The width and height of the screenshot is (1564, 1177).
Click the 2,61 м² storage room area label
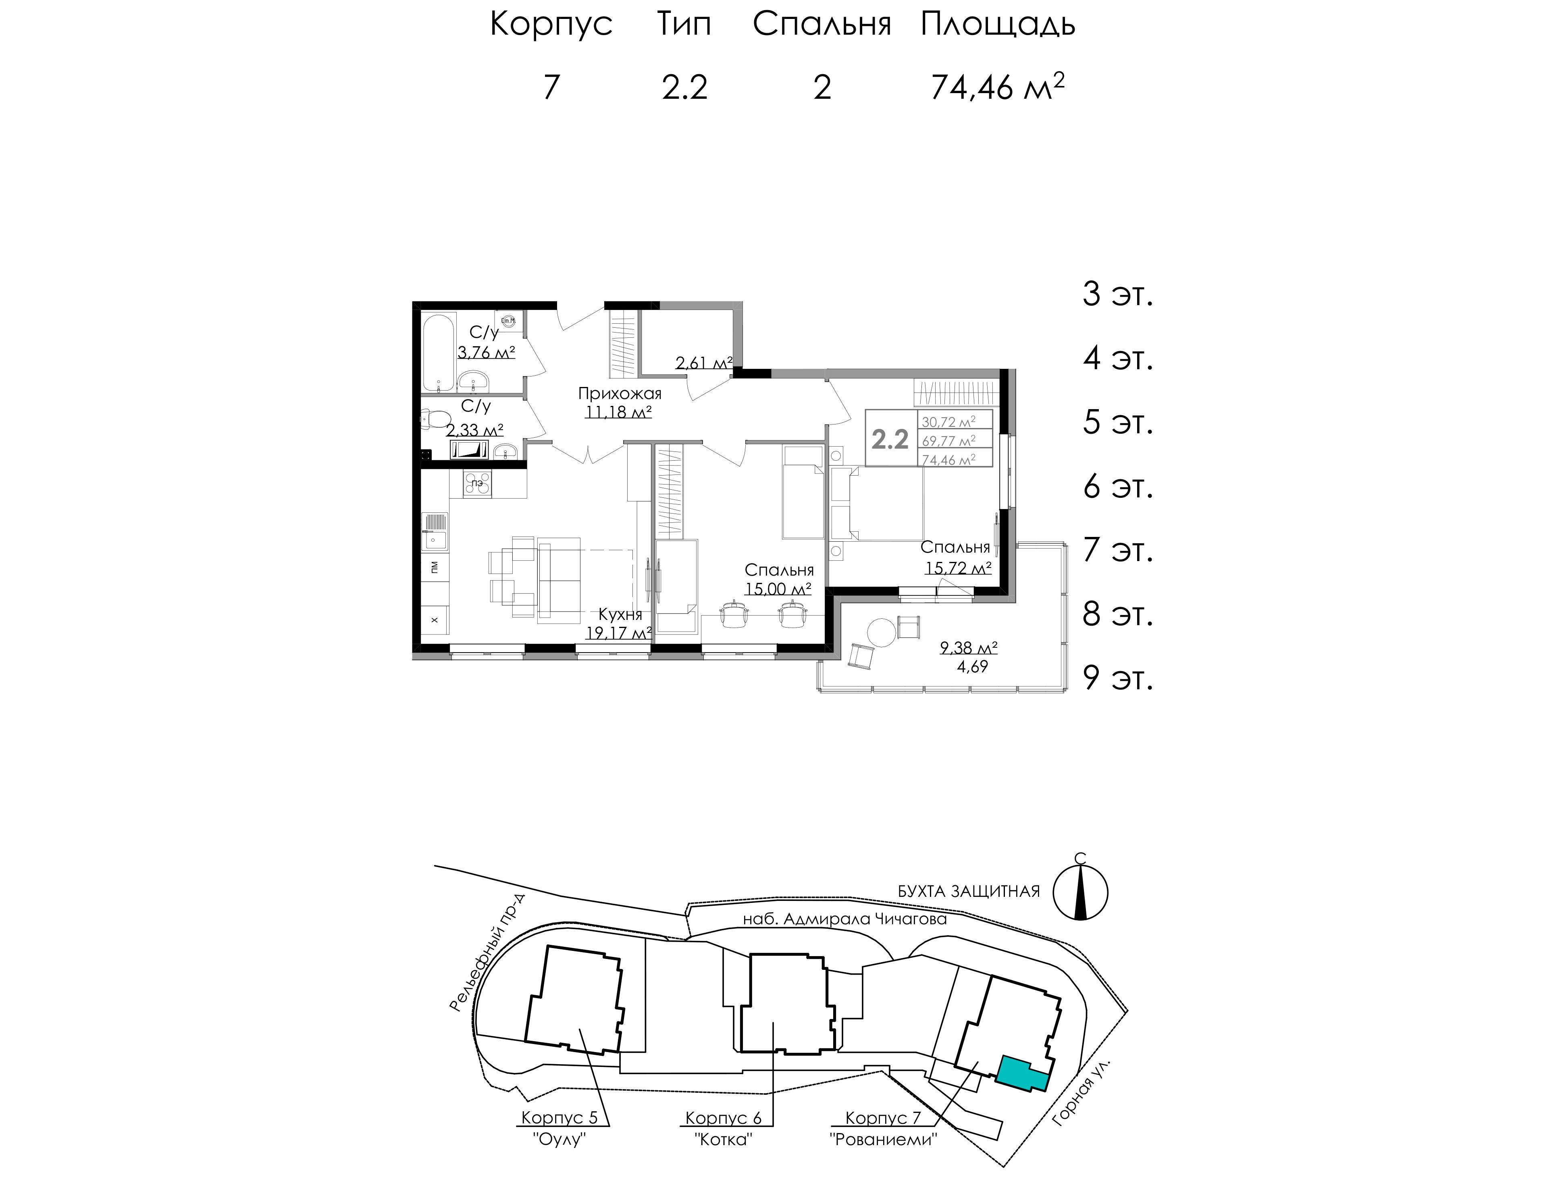click(703, 363)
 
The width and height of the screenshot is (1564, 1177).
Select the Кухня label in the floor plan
click(620, 614)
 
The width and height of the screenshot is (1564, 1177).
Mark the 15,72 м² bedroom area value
click(958, 567)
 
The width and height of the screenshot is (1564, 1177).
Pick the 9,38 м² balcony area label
click(968, 647)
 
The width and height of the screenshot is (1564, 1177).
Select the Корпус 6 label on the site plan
click(723, 1118)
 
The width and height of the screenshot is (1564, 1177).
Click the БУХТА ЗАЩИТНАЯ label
click(969, 891)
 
